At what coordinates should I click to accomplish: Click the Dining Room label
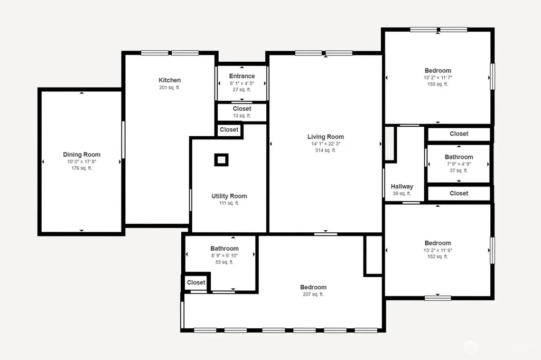point(82,155)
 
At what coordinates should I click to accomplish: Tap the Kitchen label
point(170,80)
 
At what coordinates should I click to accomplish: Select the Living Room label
point(325,137)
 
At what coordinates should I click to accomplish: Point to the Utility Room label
point(229,196)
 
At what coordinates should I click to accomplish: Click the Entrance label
point(242,76)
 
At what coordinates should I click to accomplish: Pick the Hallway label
point(402,186)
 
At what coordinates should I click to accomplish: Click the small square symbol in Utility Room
point(221,160)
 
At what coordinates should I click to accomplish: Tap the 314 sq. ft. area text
point(325,150)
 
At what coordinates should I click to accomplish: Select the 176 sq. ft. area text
point(82,168)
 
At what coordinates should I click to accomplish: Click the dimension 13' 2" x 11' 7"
point(438,77)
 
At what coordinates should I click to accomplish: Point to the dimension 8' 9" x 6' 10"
point(225,255)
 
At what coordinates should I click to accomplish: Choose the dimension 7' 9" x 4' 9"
point(459,164)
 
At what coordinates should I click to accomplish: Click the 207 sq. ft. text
point(313,294)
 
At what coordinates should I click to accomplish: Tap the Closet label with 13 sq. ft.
point(242,109)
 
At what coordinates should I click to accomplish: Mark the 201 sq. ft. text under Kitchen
point(170,88)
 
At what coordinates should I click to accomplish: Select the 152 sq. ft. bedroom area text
point(438,257)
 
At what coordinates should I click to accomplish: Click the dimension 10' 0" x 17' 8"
point(82,162)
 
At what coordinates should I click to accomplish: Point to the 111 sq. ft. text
point(229,203)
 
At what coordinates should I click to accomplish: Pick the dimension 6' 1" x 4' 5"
point(242,83)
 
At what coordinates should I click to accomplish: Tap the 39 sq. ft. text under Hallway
point(402,193)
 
